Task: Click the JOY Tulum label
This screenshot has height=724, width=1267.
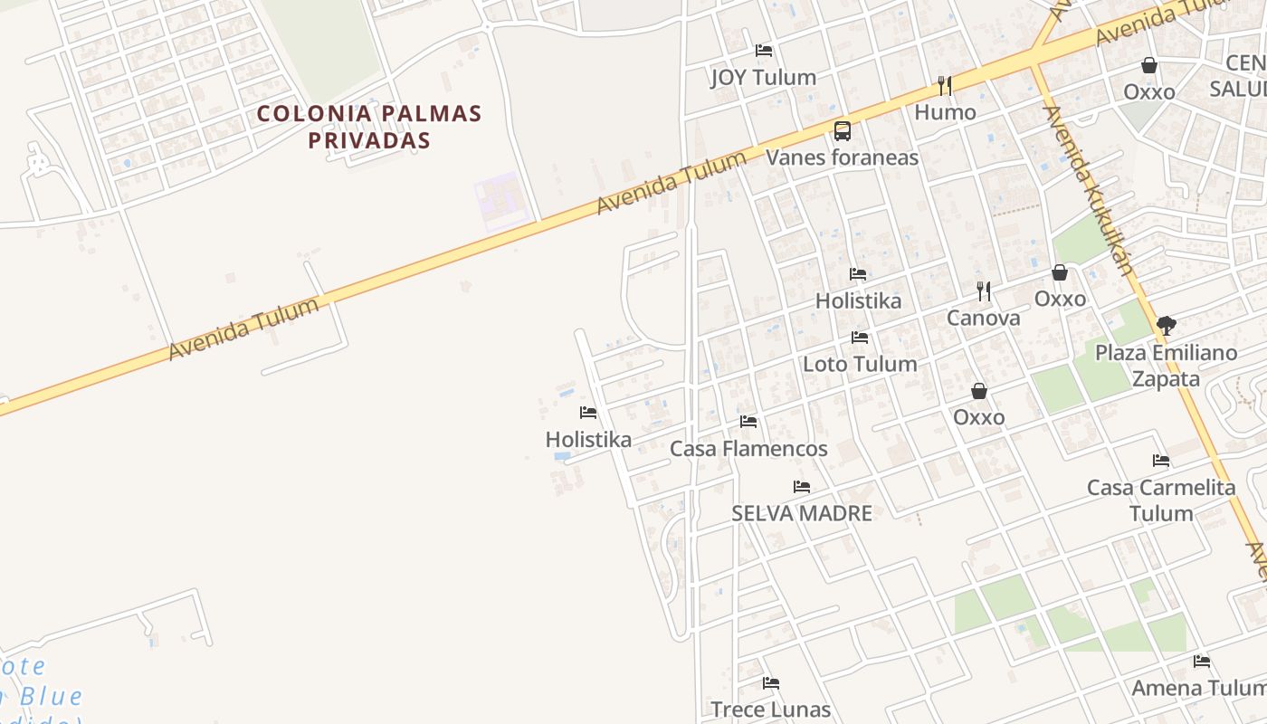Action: click(763, 78)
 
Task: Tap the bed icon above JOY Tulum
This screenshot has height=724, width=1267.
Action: click(764, 51)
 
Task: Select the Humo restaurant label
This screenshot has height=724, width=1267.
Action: click(945, 113)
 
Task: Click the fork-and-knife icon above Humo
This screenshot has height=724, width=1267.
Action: click(945, 86)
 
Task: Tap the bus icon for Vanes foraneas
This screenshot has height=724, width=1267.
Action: click(843, 131)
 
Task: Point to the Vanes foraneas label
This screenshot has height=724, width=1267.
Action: click(842, 157)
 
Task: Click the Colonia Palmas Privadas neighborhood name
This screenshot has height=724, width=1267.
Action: click(368, 127)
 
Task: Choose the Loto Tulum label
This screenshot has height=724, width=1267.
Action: click(860, 364)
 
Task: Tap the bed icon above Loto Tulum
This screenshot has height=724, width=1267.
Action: click(860, 338)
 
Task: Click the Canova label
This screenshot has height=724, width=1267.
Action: click(983, 318)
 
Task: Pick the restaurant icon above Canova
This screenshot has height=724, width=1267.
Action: click(984, 291)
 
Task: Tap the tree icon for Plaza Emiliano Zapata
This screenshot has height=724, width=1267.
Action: click(1167, 326)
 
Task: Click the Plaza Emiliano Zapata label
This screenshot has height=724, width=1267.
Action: click(1166, 366)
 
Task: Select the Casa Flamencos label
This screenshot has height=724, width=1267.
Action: click(748, 449)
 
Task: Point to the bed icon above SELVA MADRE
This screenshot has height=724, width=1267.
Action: click(802, 487)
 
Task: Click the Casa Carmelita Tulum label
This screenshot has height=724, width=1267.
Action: click(1161, 500)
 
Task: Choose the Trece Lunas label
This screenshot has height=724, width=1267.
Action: click(770, 710)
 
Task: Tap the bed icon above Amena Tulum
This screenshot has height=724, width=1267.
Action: click(1202, 662)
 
